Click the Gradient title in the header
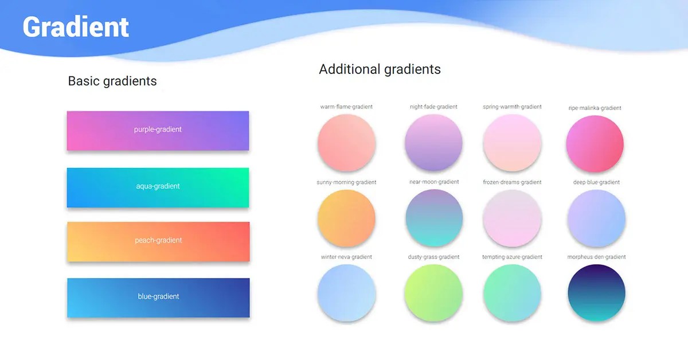(76, 27)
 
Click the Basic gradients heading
(112, 81)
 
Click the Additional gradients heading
(380, 69)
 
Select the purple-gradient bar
(158, 130)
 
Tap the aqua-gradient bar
(158, 187)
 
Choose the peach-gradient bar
(158, 241)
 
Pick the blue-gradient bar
(158, 297)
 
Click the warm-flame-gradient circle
(346, 142)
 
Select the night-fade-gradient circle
(433, 142)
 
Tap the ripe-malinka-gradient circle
(595, 143)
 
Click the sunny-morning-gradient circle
(346, 218)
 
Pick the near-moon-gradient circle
(433, 218)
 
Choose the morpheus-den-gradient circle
(596, 292)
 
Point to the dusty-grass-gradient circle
(433, 292)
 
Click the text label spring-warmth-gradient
(512, 107)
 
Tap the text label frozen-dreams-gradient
(512, 182)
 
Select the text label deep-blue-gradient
(596, 182)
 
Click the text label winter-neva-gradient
(346, 257)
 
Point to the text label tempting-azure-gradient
(512, 257)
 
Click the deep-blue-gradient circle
(596, 218)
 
